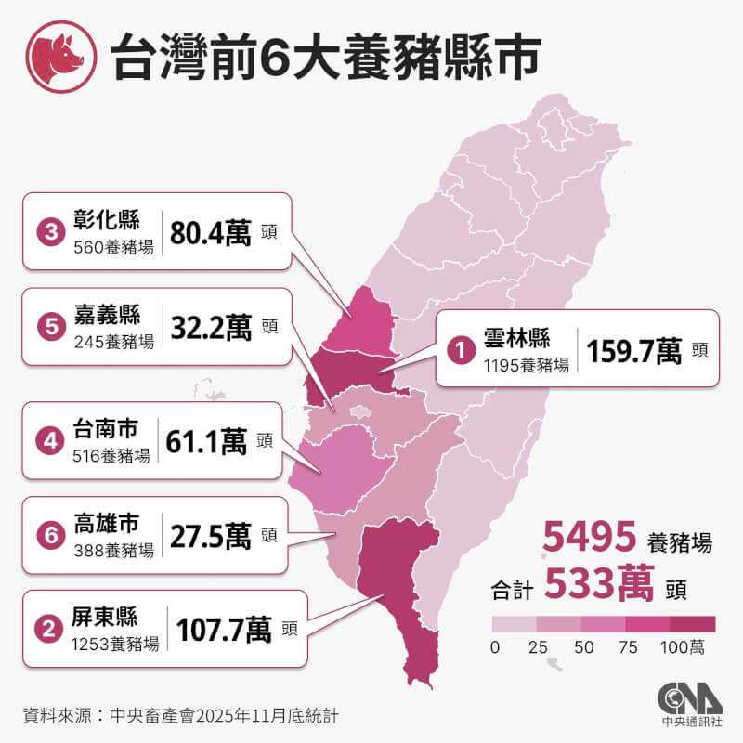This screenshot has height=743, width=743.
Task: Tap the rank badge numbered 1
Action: coord(459,349)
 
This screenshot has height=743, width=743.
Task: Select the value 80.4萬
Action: coord(210,231)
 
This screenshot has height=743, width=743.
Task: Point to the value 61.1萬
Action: coord(206,439)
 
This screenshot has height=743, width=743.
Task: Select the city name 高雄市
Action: coord(105,525)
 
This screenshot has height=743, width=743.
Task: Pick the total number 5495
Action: coord(589,537)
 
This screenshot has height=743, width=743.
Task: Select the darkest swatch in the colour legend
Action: coord(693,623)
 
